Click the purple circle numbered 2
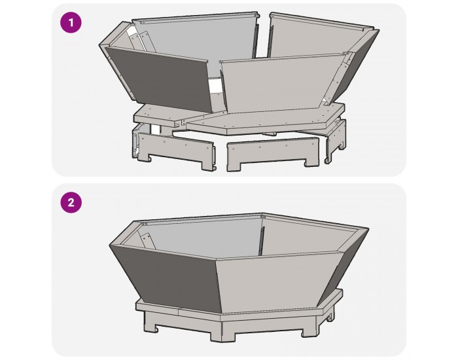click(71, 202)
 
